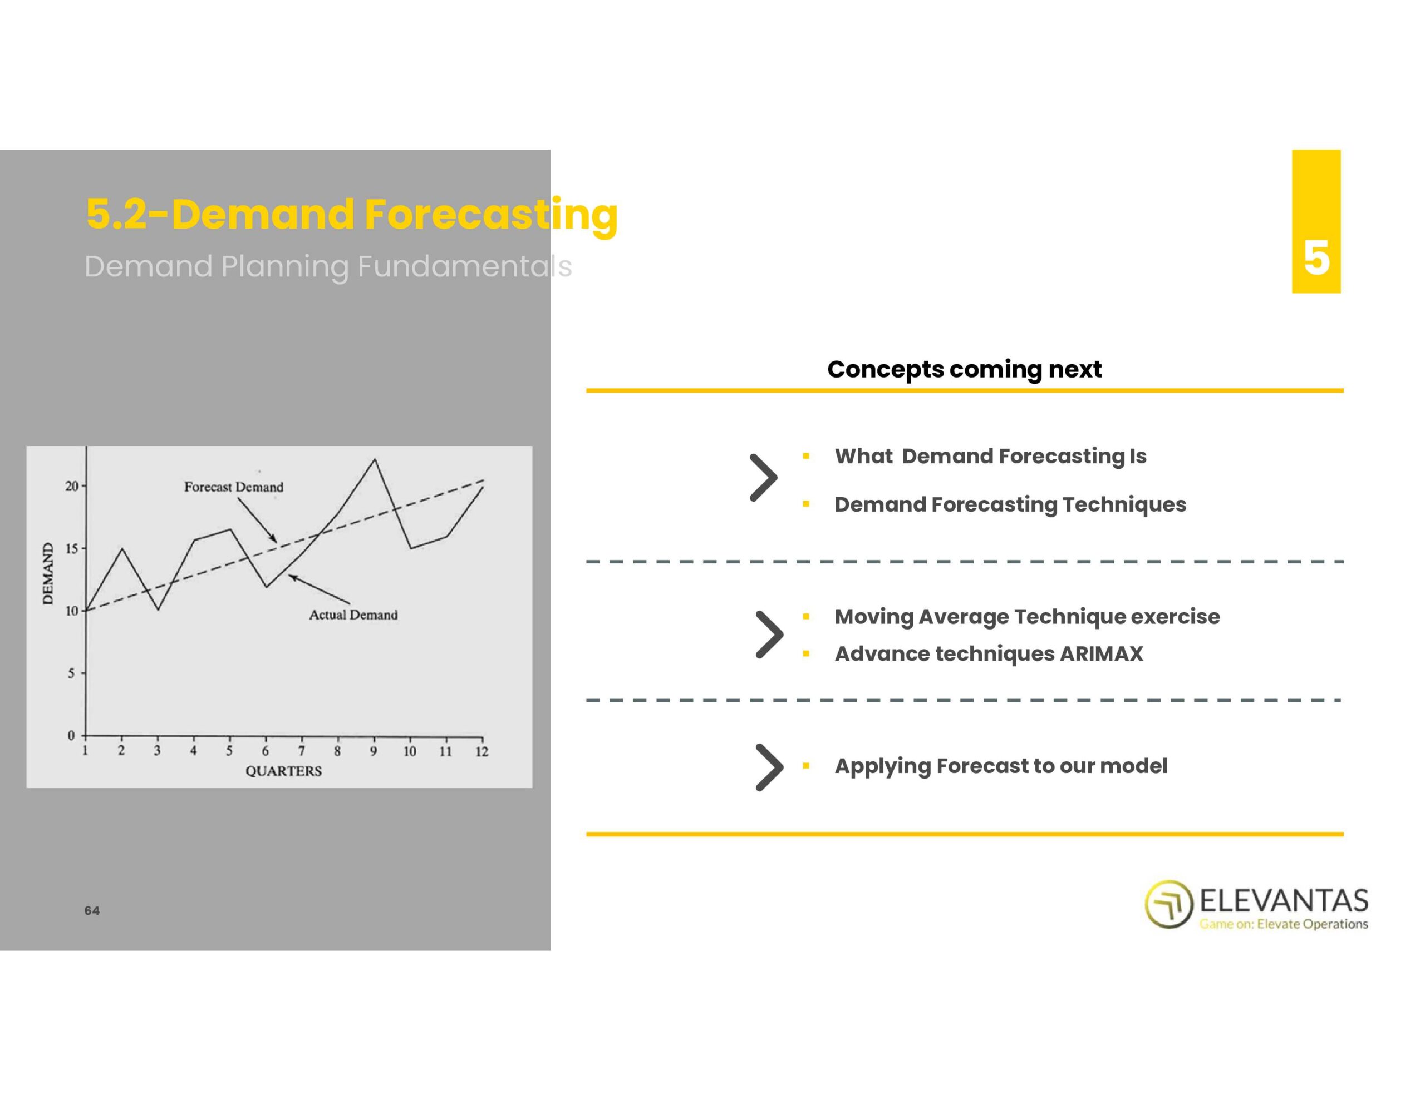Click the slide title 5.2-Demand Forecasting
[352, 215]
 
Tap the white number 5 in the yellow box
[1316, 258]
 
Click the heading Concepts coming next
[964, 369]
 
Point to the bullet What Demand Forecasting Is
[990, 457]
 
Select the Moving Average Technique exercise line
[1027, 617]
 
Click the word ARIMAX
[1102, 653]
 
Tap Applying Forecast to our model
[1001, 766]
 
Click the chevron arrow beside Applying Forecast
[770, 767]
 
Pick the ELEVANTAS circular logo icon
[1168, 904]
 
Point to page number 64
[92, 911]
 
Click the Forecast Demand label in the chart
[234, 487]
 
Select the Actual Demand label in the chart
[353, 615]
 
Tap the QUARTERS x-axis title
[283, 771]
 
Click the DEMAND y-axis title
[48, 573]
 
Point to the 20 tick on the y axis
[71, 486]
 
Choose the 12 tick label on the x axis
[481, 752]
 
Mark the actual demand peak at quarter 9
[375, 460]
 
